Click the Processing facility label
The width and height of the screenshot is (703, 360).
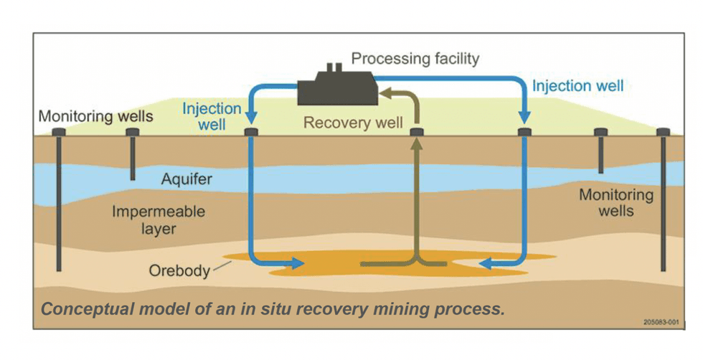pyautogui.click(x=415, y=58)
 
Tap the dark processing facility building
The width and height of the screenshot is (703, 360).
pyautogui.click(x=334, y=87)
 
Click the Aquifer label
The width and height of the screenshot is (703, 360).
pyautogui.click(x=185, y=179)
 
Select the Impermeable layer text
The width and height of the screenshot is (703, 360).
pyautogui.click(x=159, y=220)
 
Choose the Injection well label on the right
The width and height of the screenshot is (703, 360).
pyautogui.click(x=577, y=86)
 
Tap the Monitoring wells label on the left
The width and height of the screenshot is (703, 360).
pyautogui.click(x=95, y=116)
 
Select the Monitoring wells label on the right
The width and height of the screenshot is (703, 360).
pyautogui.click(x=616, y=202)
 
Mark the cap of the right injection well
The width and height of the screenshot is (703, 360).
pyautogui.click(x=524, y=133)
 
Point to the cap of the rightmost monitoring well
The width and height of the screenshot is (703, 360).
pyautogui.click(x=663, y=133)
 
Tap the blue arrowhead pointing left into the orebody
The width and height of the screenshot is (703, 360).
pyautogui.click(x=486, y=264)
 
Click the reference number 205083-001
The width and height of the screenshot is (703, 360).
pyautogui.click(x=660, y=322)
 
